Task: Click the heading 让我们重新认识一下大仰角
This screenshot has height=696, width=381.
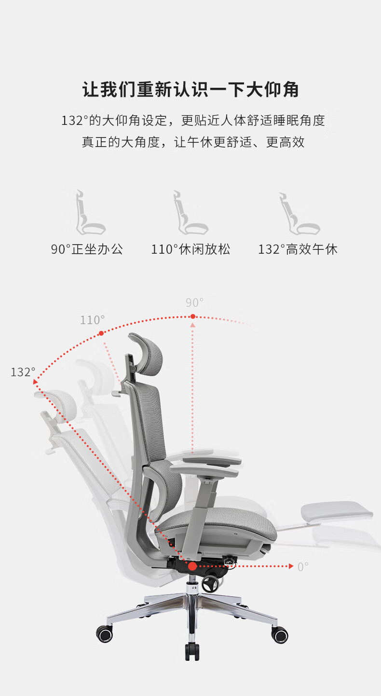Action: point(190,90)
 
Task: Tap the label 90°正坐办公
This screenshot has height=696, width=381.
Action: point(87,249)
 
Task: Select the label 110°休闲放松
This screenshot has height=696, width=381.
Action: point(190,249)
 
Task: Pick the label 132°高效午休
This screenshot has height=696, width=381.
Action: point(298,249)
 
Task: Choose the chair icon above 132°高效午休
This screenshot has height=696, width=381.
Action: point(298,213)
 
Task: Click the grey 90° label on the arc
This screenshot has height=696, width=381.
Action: point(194,303)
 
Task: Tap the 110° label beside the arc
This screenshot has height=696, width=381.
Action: point(92,320)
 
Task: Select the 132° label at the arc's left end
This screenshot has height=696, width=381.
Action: point(23,372)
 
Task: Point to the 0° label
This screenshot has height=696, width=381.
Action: point(303,567)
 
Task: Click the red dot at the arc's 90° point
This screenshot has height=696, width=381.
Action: point(193,316)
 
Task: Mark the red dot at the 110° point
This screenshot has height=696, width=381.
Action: point(101,333)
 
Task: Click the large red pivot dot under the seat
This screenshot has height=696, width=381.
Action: point(192,566)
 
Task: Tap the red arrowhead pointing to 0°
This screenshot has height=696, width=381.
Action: point(291,566)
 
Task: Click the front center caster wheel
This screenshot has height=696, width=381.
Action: point(192,653)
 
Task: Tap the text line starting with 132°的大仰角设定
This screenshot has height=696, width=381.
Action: point(193,120)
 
